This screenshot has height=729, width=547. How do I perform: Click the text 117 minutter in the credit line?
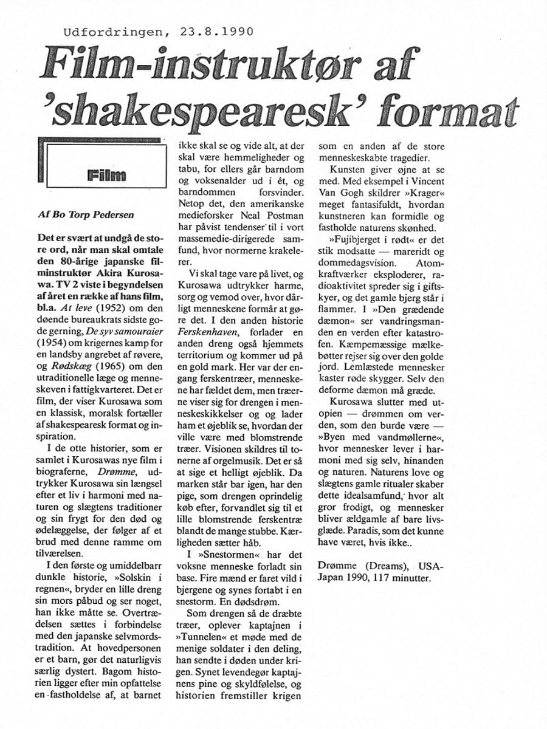[416, 578]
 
